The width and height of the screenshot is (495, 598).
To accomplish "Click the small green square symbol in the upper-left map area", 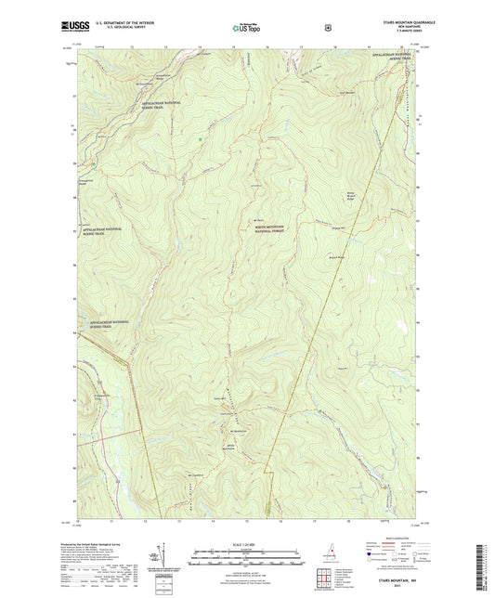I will point(201,139).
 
